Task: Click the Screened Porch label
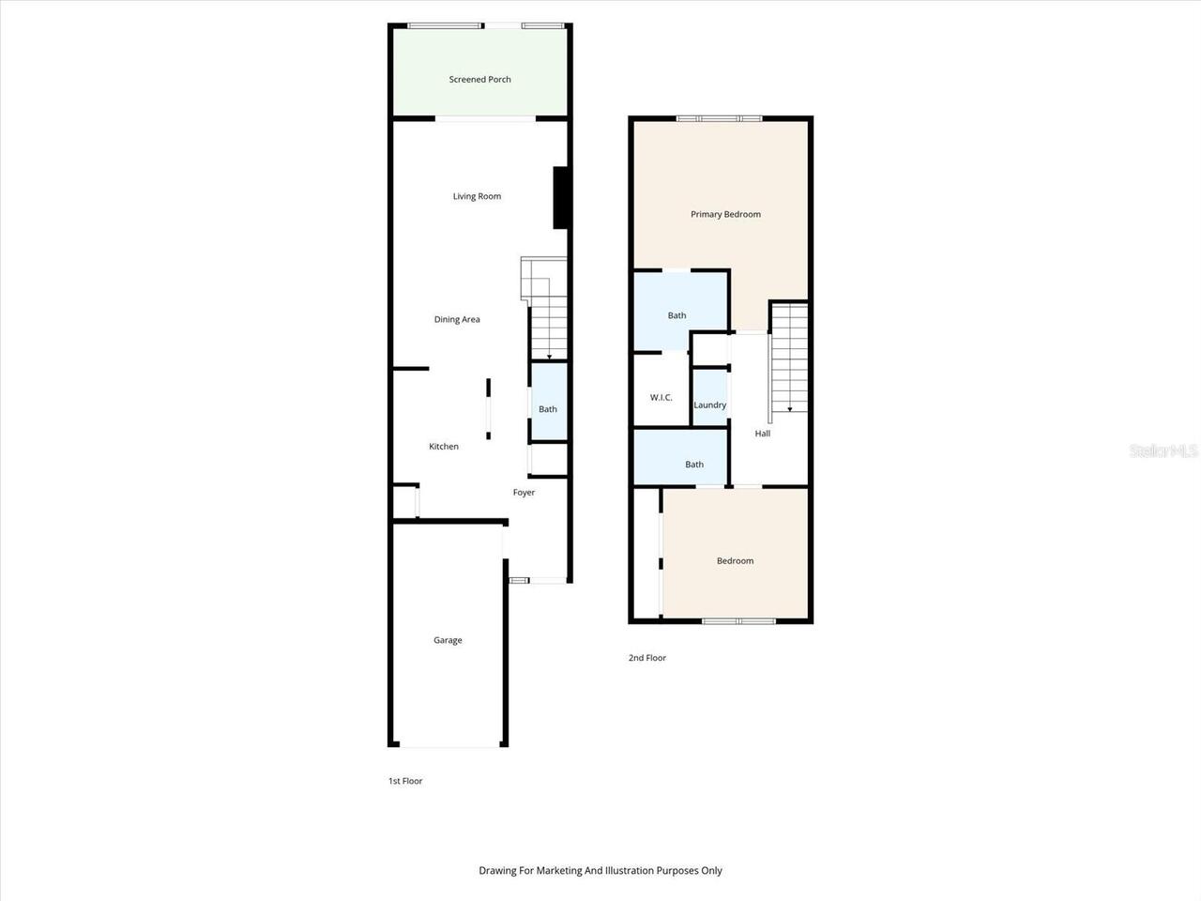pyautogui.click(x=479, y=80)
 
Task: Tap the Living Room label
pyautogui.click(x=477, y=196)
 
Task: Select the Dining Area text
pyautogui.click(x=457, y=319)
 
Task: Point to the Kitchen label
pyautogui.click(x=444, y=447)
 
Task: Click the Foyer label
pyautogui.click(x=524, y=493)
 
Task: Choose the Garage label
pyautogui.click(x=448, y=640)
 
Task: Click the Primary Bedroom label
pyautogui.click(x=725, y=214)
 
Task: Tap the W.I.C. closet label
pyautogui.click(x=661, y=398)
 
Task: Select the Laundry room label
pyautogui.click(x=710, y=405)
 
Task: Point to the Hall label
pyautogui.click(x=763, y=434)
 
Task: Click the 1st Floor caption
pyautogui.click(x=405, y=781)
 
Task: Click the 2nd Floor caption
pyautogui.click(x=647, y=658)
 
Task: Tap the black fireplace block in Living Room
pyautogui.click(x=561, y=197)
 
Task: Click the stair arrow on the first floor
pyautogui.click(x=549, y=356)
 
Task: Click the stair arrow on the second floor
pyautogui.click(x=790, y=408)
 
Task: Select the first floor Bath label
pyautogui.click(x=548, y=409)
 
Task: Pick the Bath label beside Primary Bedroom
pyautogui.click(x=677, y=315)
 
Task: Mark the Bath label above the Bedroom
pyautogui.click(x=694, y=465)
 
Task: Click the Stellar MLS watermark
pyautogui.click(x=1163, y=451)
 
